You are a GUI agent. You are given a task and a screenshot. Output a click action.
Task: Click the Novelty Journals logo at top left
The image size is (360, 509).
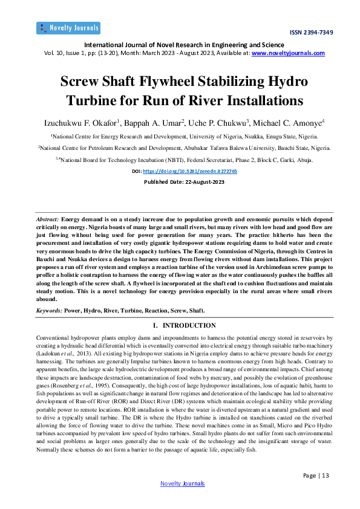[x=68, y=28]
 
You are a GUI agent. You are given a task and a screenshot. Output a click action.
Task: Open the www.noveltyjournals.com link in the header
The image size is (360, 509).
[x=288, y=53]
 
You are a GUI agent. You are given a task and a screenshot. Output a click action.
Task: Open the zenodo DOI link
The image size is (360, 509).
[x=189, y=171]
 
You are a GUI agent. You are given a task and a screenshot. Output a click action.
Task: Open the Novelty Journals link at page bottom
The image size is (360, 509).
[x=182, y=484]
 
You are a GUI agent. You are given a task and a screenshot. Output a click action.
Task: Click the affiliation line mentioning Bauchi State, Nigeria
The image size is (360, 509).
[x=184, y=148]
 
